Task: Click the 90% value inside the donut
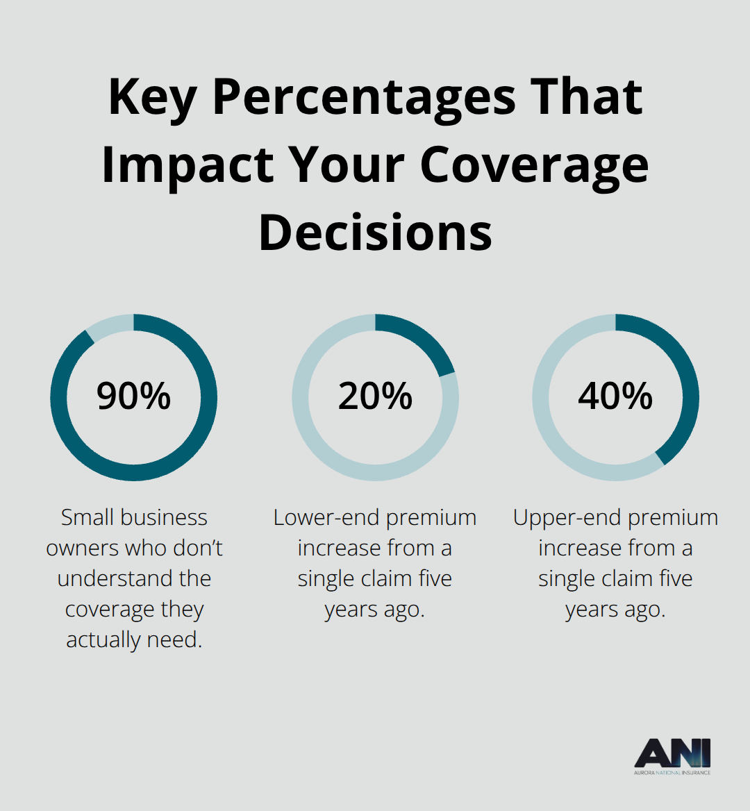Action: tap(133, 396)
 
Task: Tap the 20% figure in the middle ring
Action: tap(375, 396)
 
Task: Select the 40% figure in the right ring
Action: tap(615, 396)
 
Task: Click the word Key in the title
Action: tap(152, 97)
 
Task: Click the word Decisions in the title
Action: tap(375, 233)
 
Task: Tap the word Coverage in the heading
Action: tap(534, 165)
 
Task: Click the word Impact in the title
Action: tap(187, 165)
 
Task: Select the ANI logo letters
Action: tap(672, 753)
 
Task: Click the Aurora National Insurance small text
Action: tap(672, 772)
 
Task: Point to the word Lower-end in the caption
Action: tap(326, 517)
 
